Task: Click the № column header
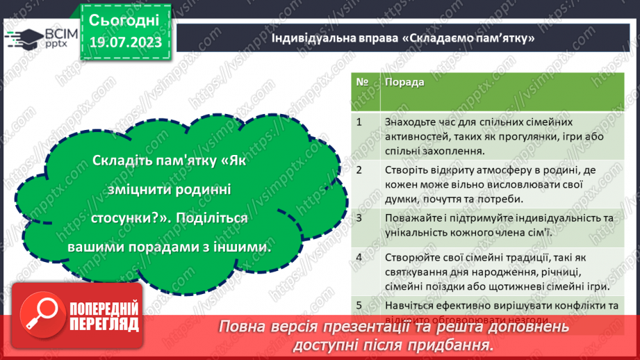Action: pyautogui.click(x=362, y=82)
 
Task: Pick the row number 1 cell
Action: pyautogui.click(x=360, y=122)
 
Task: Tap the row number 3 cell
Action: pyautogui.click(x=360, y=218)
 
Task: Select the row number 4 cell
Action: pyautogui.click(x=360, y=257)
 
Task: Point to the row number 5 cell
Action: pyautogui.click(x=360, y=304)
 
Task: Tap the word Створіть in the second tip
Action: pyautogui.click(x=405, y=170)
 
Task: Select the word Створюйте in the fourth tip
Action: pyautogui.click(x=409, y=257)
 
